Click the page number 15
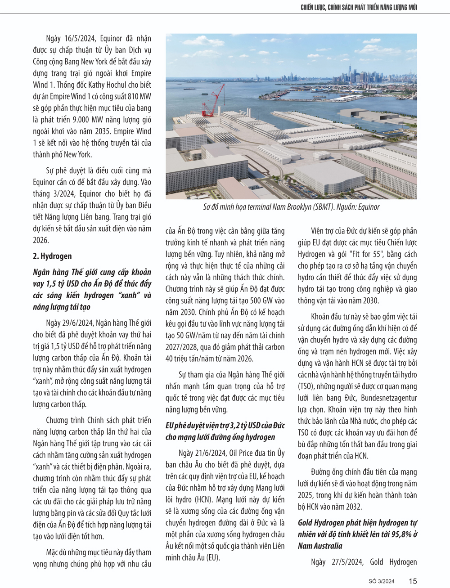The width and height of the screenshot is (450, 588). [413, 581]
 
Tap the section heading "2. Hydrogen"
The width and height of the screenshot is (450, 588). [52, 256]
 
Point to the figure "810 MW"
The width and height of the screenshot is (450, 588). [139, 96]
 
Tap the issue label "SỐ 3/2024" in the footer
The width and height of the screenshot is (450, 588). [381, 581]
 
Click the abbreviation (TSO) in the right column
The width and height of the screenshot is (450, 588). [306, 386]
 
